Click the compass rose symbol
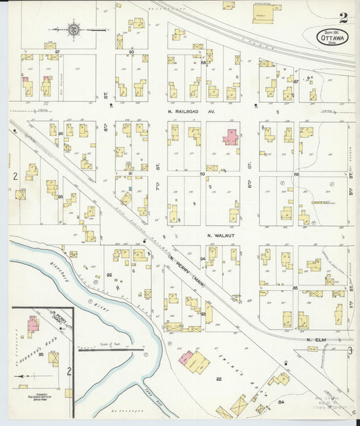[x=73, y=29]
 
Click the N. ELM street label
[x=317, y=339]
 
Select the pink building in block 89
[x=231, y=137]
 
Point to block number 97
[x=57, y=51]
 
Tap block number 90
[x=131, y=51]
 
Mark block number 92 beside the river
[x=109, y=275]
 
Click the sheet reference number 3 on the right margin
[x=350, y=350]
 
